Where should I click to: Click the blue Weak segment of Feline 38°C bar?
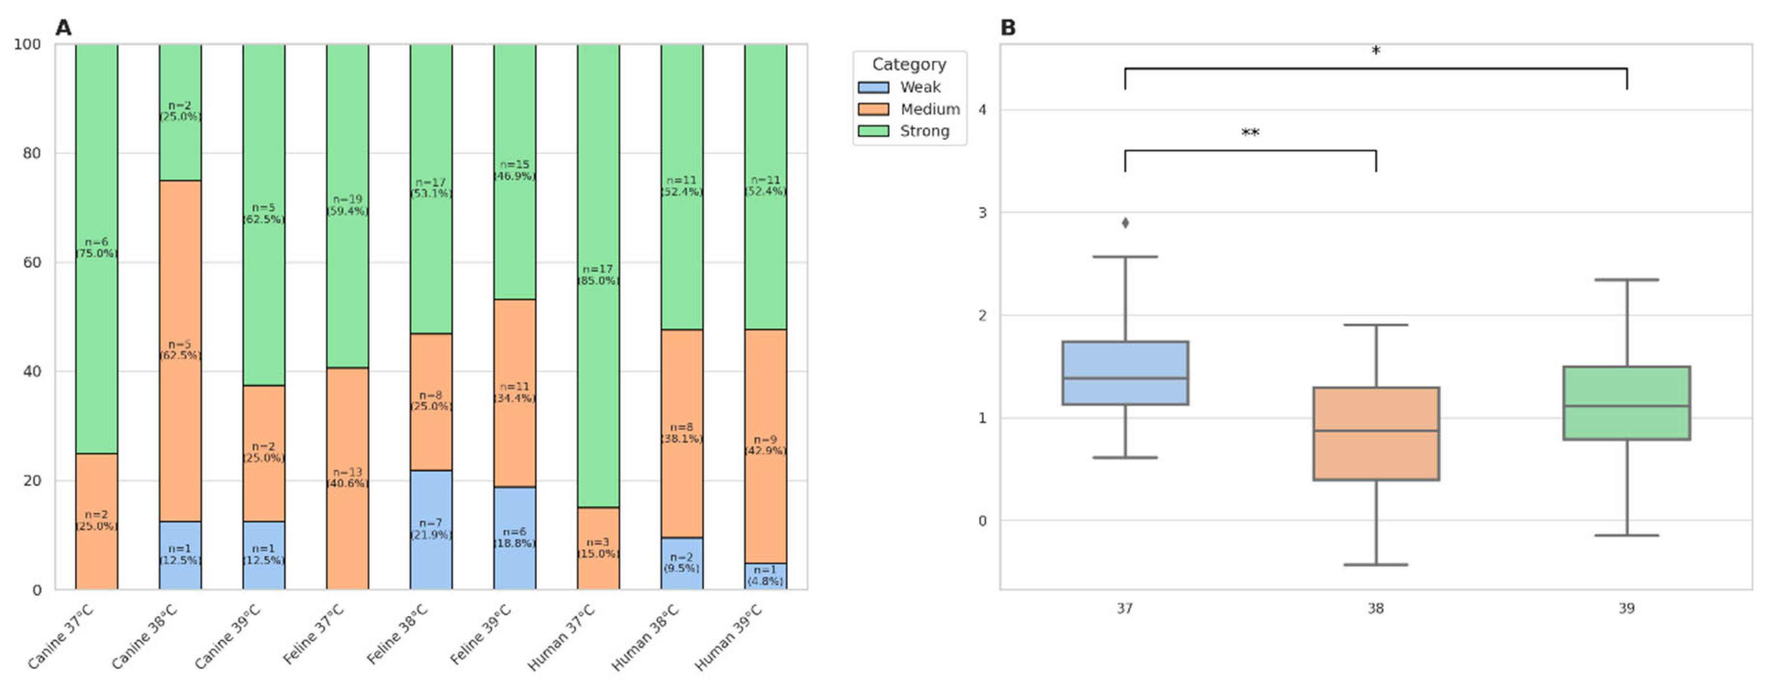click(431, 529)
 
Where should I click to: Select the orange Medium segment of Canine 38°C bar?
click(180, 351)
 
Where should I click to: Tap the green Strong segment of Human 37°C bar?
click(598, 275)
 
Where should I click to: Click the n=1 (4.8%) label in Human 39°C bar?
click(765, 576)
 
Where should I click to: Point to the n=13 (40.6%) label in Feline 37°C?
click(347, 478)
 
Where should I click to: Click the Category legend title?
click(909, 64)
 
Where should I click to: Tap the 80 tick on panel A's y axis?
click(32, 153)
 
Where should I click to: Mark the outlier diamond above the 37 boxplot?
click(1125, 223)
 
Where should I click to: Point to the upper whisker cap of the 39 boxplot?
click(1627, 280)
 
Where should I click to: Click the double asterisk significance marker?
click(1250, 132)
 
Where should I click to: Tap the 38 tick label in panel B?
click(1376, 608)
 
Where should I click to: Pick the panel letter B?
click(1008, 28)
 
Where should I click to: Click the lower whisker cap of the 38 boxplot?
click(1376, 565)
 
